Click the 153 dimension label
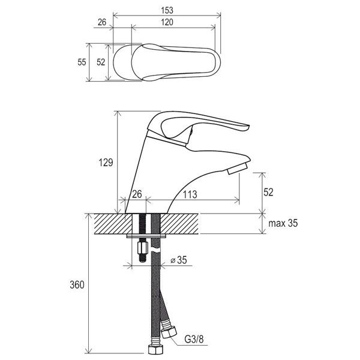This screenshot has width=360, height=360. pyautogui.click(x=167, y=10)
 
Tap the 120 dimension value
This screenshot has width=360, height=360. pyautogui.click(x=167, y=22)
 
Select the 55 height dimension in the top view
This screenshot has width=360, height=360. pyautogui.click(x=82, y=62)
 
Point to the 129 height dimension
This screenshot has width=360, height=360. pyautogui.click(x=106, y=163)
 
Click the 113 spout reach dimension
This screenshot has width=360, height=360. pyautogui.click(x=190, y=194)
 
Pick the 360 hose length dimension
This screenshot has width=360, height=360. pyautogui.click(x=77, y=285)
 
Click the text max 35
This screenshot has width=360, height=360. pyautogui.click(x=283, y=223)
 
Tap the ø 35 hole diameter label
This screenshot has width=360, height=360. pyautogui.click(x=179, y=260)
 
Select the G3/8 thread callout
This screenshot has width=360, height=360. pyautogui.click(x=194, y=339)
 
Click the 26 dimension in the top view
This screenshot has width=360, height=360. pyautogui.click(x=102, y=22)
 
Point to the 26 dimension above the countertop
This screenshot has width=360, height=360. pyautogui.click(x=137, y=194)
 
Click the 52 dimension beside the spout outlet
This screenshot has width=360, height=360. pyautogui.click(x=268, y=192)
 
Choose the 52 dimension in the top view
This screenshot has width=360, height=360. pyautogui.click(x=101, y=62)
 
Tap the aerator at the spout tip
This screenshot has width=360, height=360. pyautogui.click(x=237, y=168)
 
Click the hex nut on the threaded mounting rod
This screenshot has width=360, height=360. pyautogui.click(x=142, y=247)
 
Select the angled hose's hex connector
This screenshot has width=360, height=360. pyautogui.click(x=169, y=332)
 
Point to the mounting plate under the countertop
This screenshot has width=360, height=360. pyautogui.click(x=146, y=236)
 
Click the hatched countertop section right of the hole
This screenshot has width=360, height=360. pyautogui.click(x=179, y=224)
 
